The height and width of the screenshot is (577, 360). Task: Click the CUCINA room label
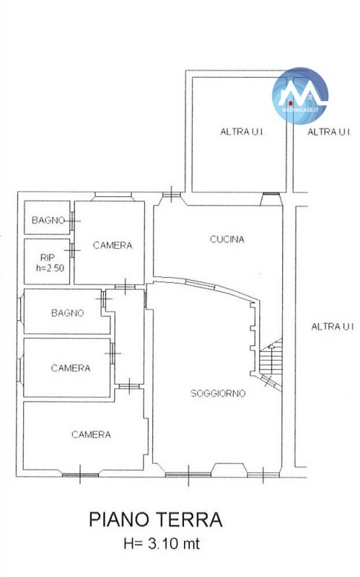pos(227,239)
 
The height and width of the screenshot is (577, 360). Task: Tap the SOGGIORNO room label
pos(218,393)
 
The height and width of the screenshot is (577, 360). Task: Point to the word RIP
pos(47,258)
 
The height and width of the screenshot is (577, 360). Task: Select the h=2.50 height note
pos(50,268)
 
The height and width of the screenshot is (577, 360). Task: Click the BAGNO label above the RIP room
pos(48,221)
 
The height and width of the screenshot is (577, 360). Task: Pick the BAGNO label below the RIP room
pos(67,313)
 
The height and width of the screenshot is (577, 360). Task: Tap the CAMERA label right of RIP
pos(113,245)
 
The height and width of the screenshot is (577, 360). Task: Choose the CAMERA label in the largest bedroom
pos(91,435)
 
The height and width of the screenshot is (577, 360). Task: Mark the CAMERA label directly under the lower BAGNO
pos(70,368)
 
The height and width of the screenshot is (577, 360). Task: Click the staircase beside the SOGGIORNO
pos(271,361)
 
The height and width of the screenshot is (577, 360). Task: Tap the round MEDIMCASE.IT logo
pos(300,96)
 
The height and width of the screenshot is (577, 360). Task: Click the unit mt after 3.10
pos(191,544)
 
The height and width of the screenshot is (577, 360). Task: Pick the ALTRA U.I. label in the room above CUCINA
pos(242,132)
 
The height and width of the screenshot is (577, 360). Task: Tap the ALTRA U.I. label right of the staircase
pos(333,327)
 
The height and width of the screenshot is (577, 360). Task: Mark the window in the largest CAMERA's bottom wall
pos(80,475)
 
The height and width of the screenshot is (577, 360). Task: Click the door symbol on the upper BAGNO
pos(72,221)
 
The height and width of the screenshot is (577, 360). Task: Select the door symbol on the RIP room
pos(72,250)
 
